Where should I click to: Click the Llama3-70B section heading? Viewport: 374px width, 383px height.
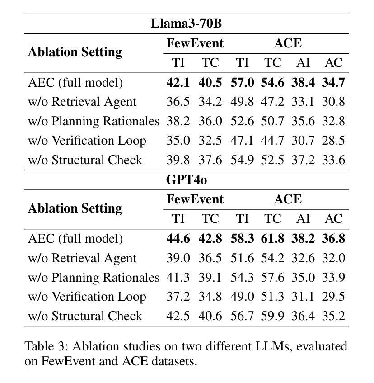(186, 23)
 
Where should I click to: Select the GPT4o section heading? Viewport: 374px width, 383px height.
(186, 180)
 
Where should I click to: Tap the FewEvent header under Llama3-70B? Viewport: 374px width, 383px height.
(195, 43)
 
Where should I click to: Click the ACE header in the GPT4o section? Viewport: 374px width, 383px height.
(288, 199)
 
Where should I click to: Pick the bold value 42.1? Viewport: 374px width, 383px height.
(178, 82)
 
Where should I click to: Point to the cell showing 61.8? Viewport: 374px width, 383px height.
(272, 238)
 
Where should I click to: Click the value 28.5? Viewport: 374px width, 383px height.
(333, 140)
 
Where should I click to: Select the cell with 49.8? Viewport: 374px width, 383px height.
(242, 102)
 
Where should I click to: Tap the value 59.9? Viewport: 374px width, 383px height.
(272, 316)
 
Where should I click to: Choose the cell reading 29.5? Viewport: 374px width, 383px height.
(333, 296)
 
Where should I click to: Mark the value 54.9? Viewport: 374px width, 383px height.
(242, 160)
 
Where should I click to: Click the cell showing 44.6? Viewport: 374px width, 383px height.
(178, 238)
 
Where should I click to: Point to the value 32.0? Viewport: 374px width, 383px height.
(333, 258)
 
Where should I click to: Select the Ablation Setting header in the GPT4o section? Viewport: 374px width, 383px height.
(75, 208)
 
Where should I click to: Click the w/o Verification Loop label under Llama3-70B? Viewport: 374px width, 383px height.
(87, 140)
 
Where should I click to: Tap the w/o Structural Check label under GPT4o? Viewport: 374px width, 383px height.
(85, 316)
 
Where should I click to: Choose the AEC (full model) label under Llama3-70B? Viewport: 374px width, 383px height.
(75, 82)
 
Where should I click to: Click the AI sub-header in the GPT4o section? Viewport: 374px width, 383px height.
(303, 219)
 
